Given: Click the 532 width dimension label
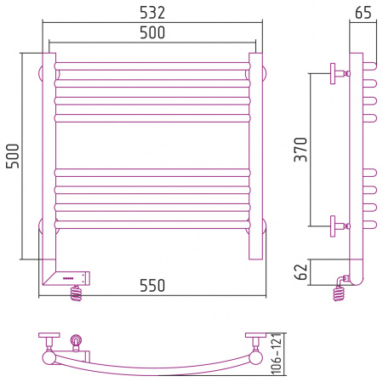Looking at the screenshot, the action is click(152, 13).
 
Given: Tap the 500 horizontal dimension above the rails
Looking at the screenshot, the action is click(152, 32).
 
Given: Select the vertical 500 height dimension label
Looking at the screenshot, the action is click(13, 156).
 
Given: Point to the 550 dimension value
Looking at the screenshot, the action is click(152, 286).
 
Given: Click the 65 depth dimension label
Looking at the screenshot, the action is click(363, 13).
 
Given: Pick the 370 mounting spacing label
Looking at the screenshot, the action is click(300, 150).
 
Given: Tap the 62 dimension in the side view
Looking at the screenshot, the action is click(300, 272).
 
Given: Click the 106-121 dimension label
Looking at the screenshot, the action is click(277, 354).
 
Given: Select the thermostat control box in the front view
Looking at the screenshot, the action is click(72, 278).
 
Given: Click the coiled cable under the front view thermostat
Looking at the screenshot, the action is click(76, 293).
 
